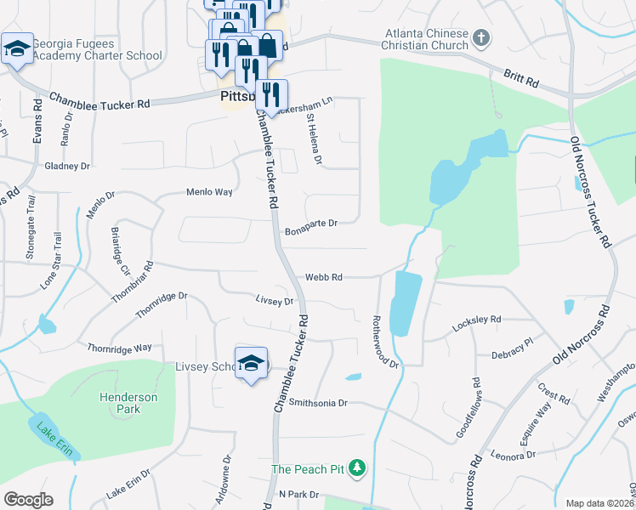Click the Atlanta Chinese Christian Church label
click(x=426, y=39)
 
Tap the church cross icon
click(x=481, y=37)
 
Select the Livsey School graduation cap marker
click(x=251, y=363)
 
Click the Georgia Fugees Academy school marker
click(x=17, y=49)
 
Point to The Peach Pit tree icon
click(x=358, y=468)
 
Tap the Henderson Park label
click(x=129, y=404)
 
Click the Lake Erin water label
click(x=53, y=438)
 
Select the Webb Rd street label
click(x=324, y=277)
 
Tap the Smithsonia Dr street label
click(x=319, y=403)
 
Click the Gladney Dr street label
click(x=67, y=166)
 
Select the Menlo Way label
click(x=209, y=192)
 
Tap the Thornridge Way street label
click(x=119, y=348)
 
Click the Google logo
click(x=28, y=500)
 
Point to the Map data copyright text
click(x=599, y=503)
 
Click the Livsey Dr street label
click(x=275, y=300)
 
